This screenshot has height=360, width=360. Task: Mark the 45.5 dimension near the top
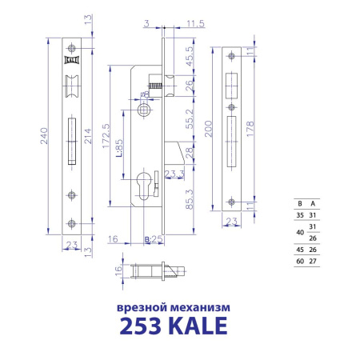point(187,60)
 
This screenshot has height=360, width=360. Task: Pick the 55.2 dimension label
point(187,118)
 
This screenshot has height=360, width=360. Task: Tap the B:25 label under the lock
point(152,238)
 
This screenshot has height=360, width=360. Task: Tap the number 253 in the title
point(143,326)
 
